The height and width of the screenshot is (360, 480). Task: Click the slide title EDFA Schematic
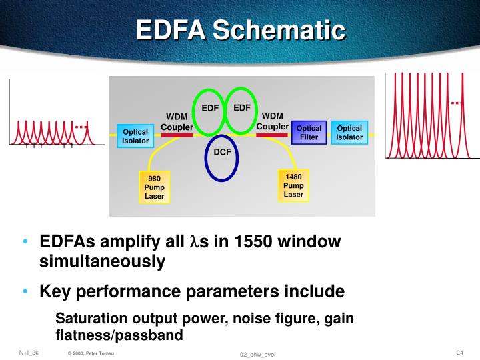point(241,29)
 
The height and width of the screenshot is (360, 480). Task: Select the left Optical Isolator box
point(135,136)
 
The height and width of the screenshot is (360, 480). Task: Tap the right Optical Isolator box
point(349,133)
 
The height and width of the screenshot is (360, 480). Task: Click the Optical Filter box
point(309,133)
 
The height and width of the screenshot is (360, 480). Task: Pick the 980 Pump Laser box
point(154,187)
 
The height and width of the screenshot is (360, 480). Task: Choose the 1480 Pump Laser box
point(293,185)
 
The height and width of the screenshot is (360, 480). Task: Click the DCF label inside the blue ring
point(221,153)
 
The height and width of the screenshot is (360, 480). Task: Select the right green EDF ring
point(241,108)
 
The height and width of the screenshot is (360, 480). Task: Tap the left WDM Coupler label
point(177,123)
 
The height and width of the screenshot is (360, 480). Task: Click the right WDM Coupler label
point(273,121)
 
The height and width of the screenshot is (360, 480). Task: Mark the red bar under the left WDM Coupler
point(177,135)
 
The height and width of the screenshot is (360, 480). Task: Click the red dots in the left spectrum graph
point(81,126)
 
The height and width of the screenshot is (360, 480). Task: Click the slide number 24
point(459,352)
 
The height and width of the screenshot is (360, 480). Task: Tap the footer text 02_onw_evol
point(257,353)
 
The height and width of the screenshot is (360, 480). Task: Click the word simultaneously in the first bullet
point(102,262)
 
